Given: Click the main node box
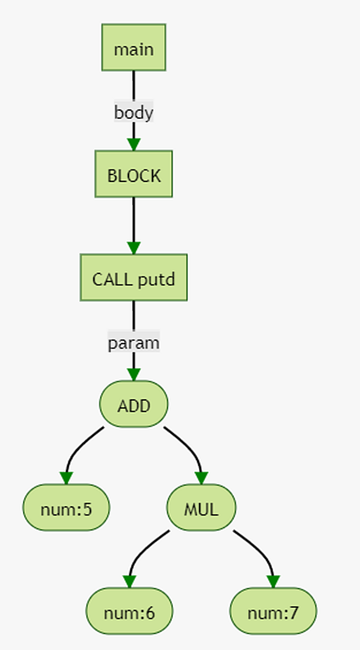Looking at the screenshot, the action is (x=133, y=47).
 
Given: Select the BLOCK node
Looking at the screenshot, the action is (x=133, y=174).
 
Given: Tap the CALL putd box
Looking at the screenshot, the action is (x=133, y=277).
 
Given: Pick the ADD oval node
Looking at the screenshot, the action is (x=133, y=404).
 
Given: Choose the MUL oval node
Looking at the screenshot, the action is (x=201, y=507).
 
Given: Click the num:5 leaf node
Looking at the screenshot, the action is (x=66, y=507).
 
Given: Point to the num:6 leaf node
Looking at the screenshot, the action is (x=130, y=611).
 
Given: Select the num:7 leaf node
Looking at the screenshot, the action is (x=273, y=611).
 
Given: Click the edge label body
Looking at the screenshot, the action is (x=133, y=112).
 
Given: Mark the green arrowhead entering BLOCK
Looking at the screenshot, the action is (x=133, y=144).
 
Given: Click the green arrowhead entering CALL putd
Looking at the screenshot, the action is (x=133, y=248).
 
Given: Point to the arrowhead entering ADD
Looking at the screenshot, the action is (x=133, y=374).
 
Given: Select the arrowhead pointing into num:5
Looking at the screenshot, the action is (x=66, y=477).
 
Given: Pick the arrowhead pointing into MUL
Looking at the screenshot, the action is (x=201, y=477).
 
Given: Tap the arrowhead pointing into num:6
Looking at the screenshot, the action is (x=130, y=581).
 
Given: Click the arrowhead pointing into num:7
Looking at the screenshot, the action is (x=273, y=581).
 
